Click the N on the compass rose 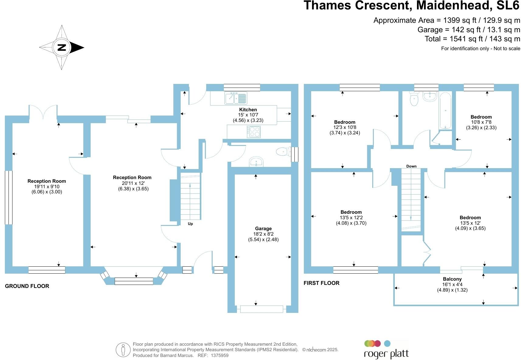tap(62, 47)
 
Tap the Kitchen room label tap(248, 110)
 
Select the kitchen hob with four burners tap(254, 132)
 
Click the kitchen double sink tap(236, 98)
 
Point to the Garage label tap(263, 229)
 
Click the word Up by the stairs tap(190, 224)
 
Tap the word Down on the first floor tap(411, 166)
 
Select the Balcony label tap(452, 279)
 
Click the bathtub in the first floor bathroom tap(445, 111)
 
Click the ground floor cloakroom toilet tap(283, 151)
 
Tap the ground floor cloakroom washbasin tap(256, 162)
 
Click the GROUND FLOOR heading tap(27, 286)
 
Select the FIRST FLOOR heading tap(321, 283)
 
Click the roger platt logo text tap(386, 354)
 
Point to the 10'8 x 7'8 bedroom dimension tap(481, 122)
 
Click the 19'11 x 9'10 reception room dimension tap(47, 187)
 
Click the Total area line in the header tap(472, 39)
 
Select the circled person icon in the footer tap(123, 350)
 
